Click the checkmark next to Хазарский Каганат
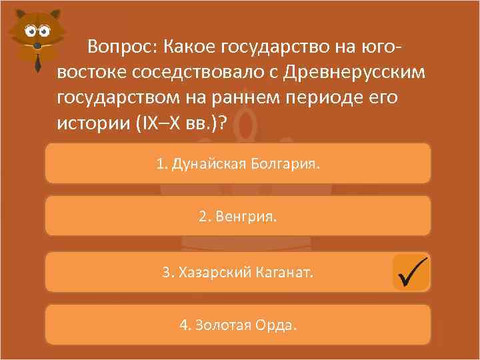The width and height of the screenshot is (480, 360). pos(411,272)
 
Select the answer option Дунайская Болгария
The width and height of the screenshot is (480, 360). pos(238,163)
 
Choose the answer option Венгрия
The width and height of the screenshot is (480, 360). pos(238,217)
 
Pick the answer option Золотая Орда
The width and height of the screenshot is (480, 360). pos(238,325)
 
